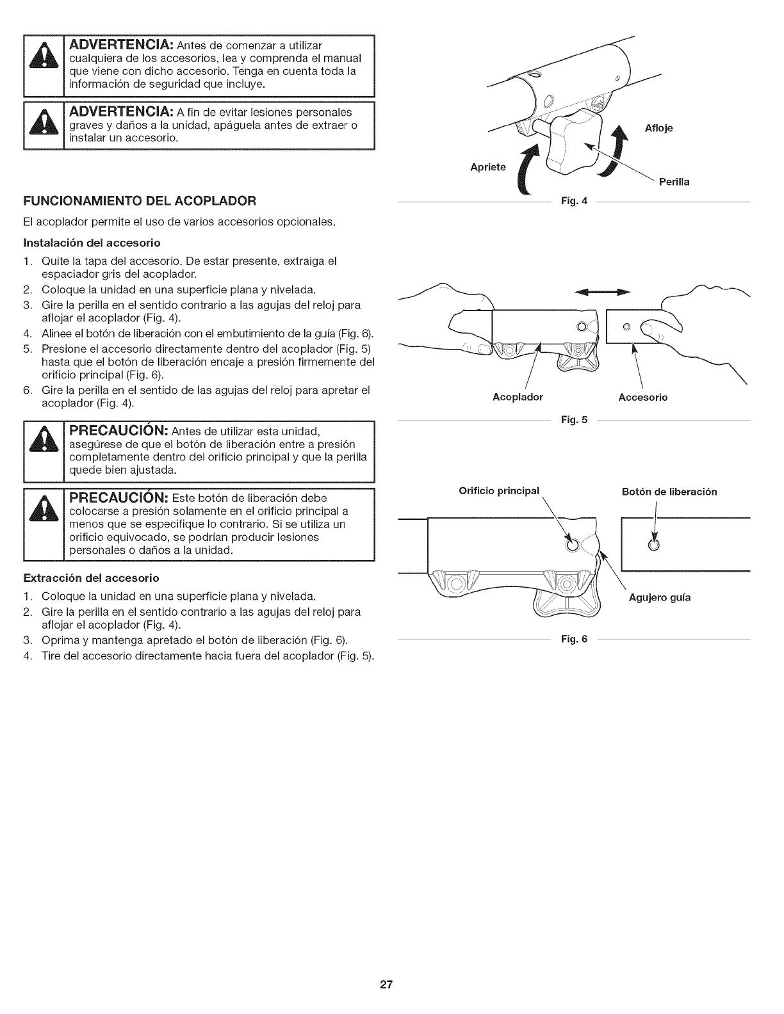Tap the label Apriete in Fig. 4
(x=488, y=168)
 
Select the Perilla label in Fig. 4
(x=670, y=182)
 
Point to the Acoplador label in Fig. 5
(x=518, y=398)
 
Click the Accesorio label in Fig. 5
(x=642, y=398)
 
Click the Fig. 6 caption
(x=569, y=640)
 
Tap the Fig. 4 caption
(x=569, y=202)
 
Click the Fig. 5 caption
(x=569, y=421)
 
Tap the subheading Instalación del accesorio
(x=92, y=243)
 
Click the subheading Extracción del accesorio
(x=91, y=578)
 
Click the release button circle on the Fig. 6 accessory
(x=653, y=545)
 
